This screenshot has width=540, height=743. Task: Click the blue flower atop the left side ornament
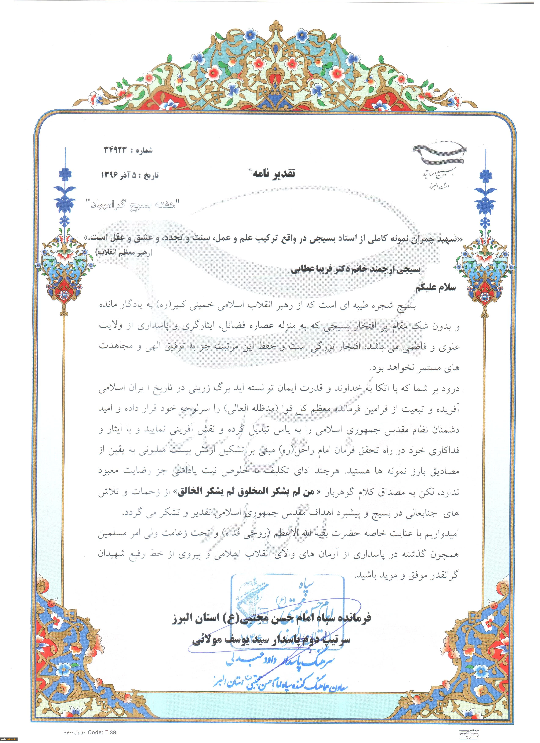point(67,172)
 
